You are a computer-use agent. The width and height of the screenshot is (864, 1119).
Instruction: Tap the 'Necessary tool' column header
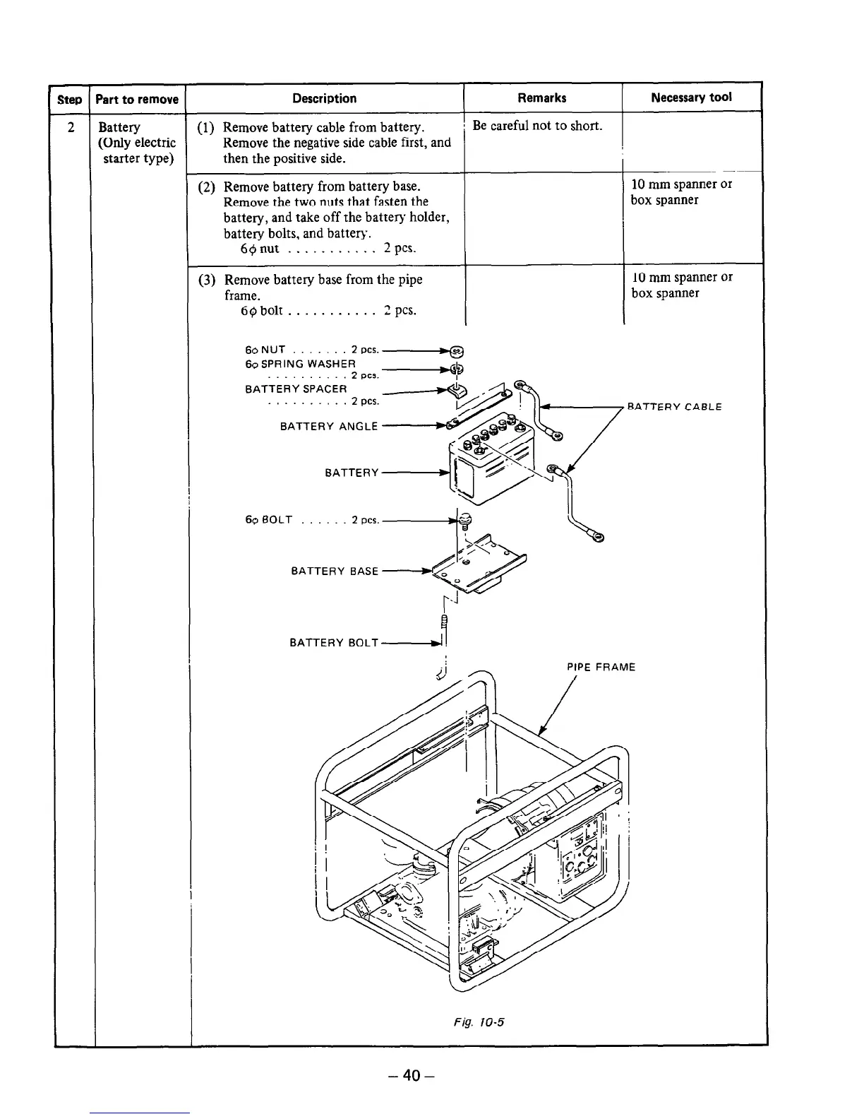[x=691, y=97]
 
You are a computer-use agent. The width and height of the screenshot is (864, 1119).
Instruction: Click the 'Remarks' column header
[x=541, y=97]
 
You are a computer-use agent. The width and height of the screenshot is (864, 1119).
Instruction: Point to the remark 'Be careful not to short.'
[x=537, y=126]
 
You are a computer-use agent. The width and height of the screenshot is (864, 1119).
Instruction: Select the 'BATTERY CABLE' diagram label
[x=674, y=407]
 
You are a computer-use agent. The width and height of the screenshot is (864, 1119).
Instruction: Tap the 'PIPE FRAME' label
[x=601, y=667]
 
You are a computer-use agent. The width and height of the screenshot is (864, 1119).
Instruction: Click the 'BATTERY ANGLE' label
[x=329, y=426]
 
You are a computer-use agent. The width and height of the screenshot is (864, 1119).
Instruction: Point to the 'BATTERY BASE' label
[x=335, y=571]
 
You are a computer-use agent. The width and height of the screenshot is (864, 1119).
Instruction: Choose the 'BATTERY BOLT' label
[x=334, y=643]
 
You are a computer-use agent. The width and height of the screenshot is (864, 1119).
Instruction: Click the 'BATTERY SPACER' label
[x=296, y=389]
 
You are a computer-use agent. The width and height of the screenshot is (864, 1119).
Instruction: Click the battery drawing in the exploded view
[x=493, y=463]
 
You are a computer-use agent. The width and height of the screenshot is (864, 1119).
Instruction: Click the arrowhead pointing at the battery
[x=445, y=473]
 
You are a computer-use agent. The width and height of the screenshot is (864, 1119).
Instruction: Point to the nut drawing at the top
[x=457, y=350]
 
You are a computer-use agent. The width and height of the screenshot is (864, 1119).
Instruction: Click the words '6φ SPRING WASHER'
[x=301, y=363]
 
